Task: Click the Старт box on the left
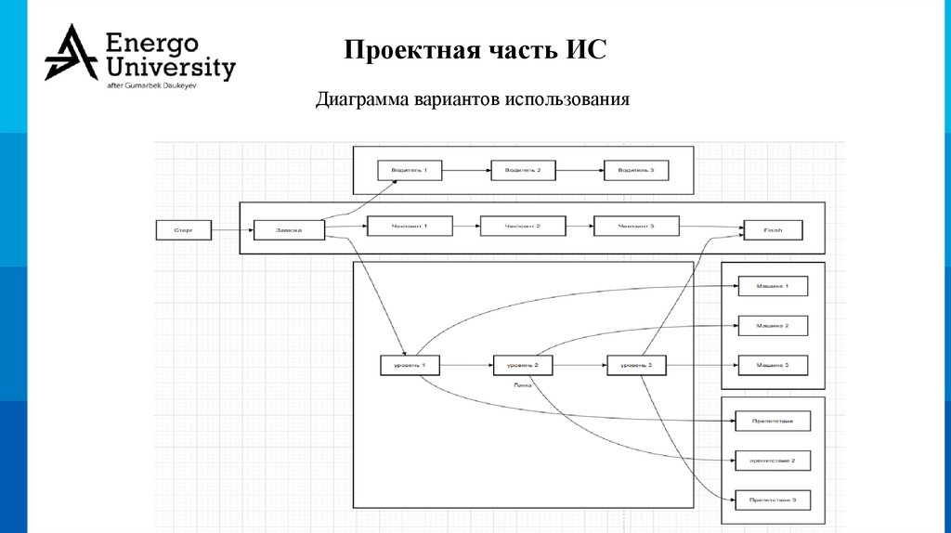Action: click(183, 228)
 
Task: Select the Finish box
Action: click(773, 230)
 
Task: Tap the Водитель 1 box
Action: click(410, 171)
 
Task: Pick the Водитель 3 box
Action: click(636, 171)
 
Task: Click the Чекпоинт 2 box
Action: click(522, 226)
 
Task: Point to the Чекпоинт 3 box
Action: click(636, 226)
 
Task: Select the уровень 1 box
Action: click(410, 366)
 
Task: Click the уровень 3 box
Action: click(636, 366)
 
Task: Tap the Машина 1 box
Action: click(772, 286)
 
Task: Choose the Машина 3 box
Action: click(772, 365)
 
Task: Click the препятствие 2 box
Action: click(772, 460)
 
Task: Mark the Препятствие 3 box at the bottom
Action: click(772, 500)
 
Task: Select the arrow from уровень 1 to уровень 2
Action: click(466, 367)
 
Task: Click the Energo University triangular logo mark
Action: click(71, 54)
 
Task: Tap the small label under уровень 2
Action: click(522, 383)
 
